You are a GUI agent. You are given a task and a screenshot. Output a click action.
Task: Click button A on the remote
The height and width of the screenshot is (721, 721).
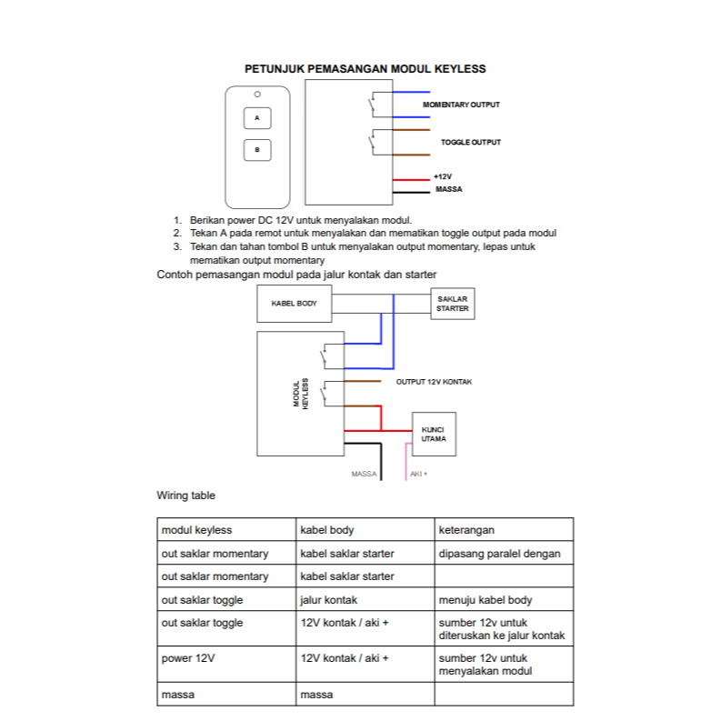[x=257, y=118]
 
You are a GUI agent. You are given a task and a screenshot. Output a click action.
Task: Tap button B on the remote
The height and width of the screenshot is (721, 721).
[x=257, y=150]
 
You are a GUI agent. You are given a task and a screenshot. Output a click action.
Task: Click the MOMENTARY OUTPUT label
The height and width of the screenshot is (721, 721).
[x=461, y=105]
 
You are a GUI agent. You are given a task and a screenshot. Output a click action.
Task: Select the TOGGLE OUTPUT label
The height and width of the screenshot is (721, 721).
[x=470, y=143]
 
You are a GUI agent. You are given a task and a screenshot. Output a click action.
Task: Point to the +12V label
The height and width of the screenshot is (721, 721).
[x=443, y=175]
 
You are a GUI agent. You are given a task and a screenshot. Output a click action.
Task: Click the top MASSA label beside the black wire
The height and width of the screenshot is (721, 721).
[x=449, y=189]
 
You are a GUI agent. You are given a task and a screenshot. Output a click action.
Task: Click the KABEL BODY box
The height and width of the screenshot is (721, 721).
[x=295, y=304]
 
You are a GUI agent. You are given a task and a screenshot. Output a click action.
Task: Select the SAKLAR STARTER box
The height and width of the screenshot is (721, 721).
[x=452, y=304]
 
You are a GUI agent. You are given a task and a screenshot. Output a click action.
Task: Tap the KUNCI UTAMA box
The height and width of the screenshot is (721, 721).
[x=434, y=434]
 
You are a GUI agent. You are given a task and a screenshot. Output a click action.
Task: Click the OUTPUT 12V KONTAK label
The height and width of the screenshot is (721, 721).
[x=434, y=382]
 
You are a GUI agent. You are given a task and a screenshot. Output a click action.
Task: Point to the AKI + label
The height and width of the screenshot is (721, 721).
[x=418, y=474]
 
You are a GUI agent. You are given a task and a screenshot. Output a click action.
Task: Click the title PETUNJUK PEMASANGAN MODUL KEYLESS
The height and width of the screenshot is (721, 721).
[x=366, y=69]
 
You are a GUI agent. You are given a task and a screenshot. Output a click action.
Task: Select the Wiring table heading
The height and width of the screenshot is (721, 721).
[x=186, y=496]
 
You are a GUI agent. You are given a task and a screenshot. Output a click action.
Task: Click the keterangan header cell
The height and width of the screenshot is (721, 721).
[x=466, y=530]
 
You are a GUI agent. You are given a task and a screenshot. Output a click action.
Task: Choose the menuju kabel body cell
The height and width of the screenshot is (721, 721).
[x=486, y=600]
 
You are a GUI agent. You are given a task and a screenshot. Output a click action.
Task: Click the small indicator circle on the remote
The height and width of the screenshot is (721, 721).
[x=257, y=95]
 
